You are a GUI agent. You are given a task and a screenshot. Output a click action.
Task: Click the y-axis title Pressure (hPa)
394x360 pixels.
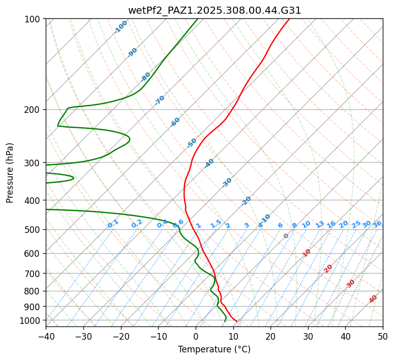click(x=10, y=172)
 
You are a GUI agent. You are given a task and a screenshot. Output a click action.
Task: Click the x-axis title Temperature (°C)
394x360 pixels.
click(x=214, y=349)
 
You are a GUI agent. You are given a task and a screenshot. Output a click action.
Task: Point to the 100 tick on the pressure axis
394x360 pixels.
click(x=34, y=19)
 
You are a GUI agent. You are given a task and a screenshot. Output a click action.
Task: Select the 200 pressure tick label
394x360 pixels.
click(x=34, y=110)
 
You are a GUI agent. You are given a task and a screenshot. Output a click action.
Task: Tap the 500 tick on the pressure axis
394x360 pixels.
click(x=34, y=230)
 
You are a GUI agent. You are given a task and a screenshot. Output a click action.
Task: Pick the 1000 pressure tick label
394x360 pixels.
click(x=32, y=320)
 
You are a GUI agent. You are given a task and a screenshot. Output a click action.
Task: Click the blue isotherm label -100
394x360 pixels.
click(x=120, y=26)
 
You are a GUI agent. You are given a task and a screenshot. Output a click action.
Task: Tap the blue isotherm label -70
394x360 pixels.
click(x=160, y=100)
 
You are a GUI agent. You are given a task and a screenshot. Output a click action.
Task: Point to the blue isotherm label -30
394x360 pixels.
click(x=227, y=183)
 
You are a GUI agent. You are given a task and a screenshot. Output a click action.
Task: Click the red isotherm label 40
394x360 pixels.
click(x=373, y=299)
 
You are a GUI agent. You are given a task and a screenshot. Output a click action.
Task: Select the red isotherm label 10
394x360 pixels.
click(x=307, y=253)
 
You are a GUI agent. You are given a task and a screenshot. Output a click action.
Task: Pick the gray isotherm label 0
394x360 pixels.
click(x=286, y=236)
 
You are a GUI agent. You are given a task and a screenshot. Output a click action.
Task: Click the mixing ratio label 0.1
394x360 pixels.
click(x=113, y=224)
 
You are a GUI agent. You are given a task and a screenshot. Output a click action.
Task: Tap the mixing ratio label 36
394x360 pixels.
click(x=377, y=224)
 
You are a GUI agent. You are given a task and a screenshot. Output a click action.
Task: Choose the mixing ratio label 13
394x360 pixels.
click(x=320, y=224)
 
